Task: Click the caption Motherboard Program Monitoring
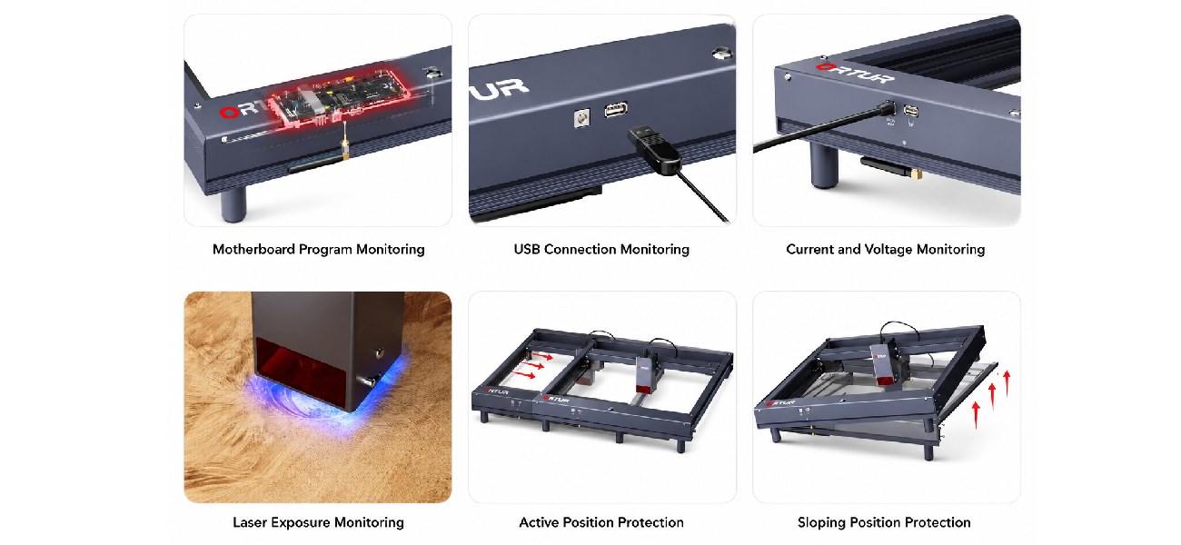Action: [319, 249]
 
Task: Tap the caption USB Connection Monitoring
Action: [601, 249]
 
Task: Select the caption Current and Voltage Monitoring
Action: [885, 249]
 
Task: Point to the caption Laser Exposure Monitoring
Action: [319, 522]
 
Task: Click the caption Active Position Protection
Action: [601, 522]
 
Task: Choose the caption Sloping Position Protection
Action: [884, 522]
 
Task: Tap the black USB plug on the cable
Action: [653, 149]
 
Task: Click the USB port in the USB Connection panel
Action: [616, 110]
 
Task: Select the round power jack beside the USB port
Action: [582, 118]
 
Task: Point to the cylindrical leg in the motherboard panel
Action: [233, 203]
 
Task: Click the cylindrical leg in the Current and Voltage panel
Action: [824, 166]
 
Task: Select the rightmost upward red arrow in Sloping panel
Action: [1007, 383]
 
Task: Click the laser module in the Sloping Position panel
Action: [883, 362]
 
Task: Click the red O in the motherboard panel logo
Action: [228, 113]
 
